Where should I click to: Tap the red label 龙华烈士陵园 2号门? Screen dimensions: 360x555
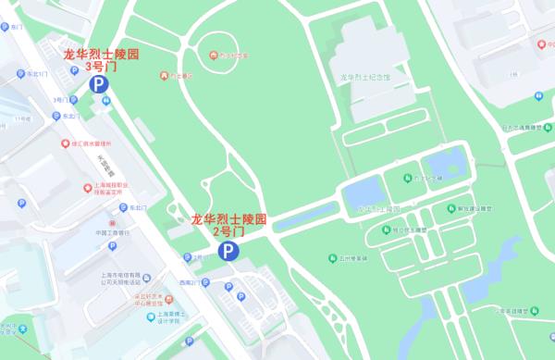click(228, 225)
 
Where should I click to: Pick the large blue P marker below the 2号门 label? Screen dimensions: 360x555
click(227, 251)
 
